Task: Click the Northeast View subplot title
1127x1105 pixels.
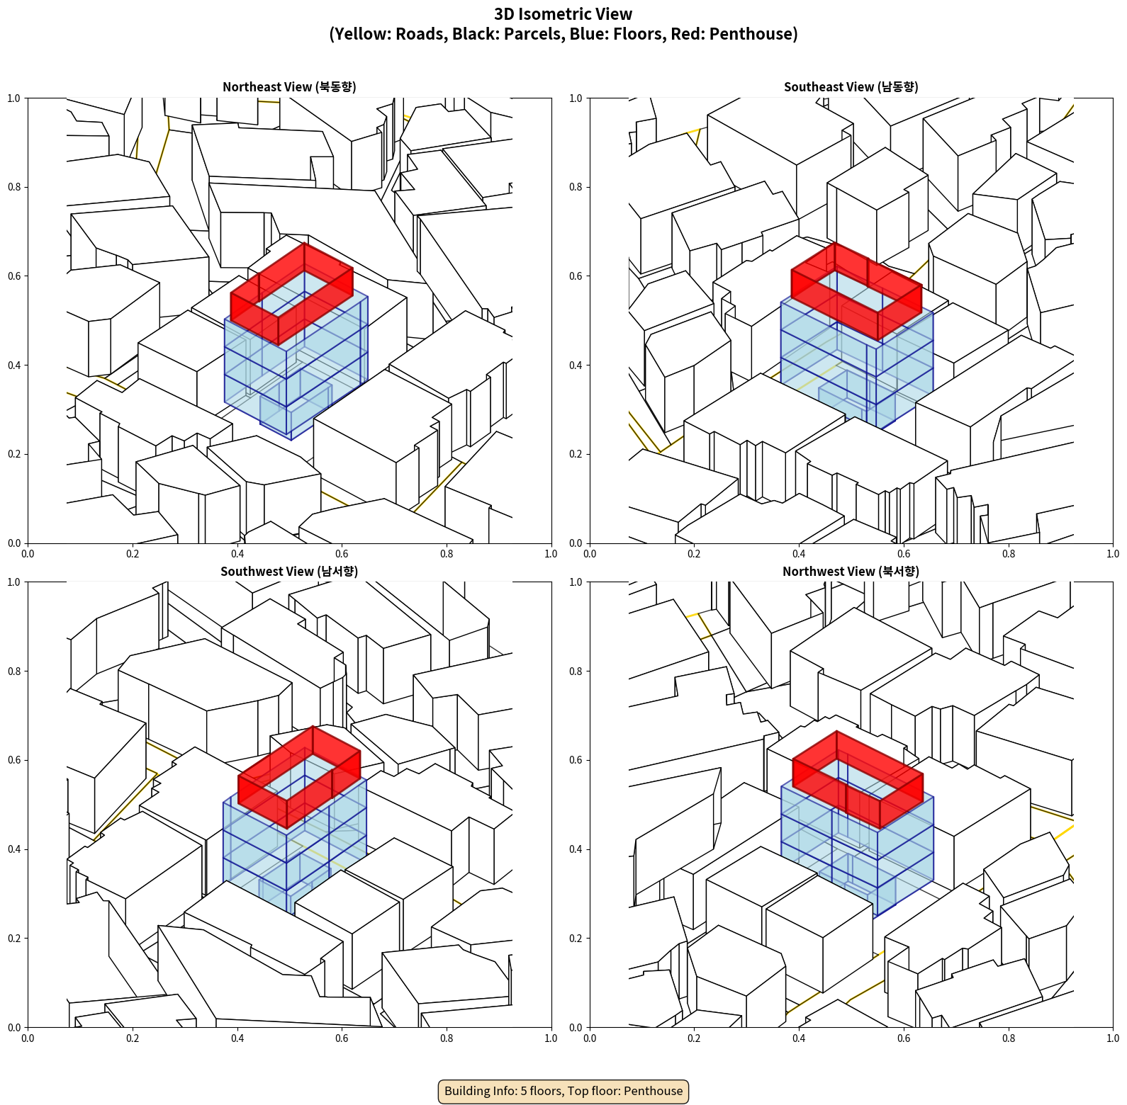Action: (x=289, y=86)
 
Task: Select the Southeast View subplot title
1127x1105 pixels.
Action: (x=851, y=86)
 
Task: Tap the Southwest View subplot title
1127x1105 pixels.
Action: (x=289, y=571)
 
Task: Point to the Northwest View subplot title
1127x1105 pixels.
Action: (x=851, y=571)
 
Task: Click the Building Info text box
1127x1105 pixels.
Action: (x=563, y=1091)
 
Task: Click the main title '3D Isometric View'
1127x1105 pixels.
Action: (x=563, y=14)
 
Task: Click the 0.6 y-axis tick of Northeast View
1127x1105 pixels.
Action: (x=14, y=276)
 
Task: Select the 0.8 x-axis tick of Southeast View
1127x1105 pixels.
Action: (x=1009, y=554)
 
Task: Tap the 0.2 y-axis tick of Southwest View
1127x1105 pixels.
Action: (x=14, y=939)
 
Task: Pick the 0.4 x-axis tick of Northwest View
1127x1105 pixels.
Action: (x=799, y=1038)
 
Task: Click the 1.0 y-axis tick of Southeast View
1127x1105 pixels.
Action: (x=576, y=98)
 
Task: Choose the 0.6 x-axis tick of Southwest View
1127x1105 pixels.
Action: (x=342, y=1038)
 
